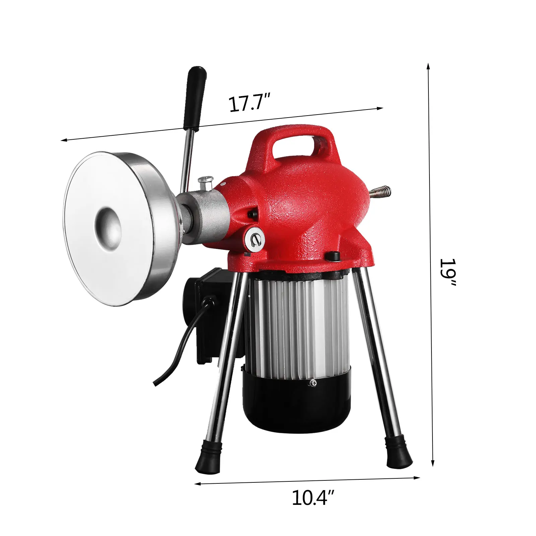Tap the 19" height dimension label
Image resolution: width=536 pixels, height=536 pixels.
click(x=448, y=272)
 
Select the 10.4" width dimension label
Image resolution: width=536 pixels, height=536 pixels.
click(x=313, y=498)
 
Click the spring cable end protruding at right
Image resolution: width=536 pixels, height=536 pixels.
click(x=380, y=192)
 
